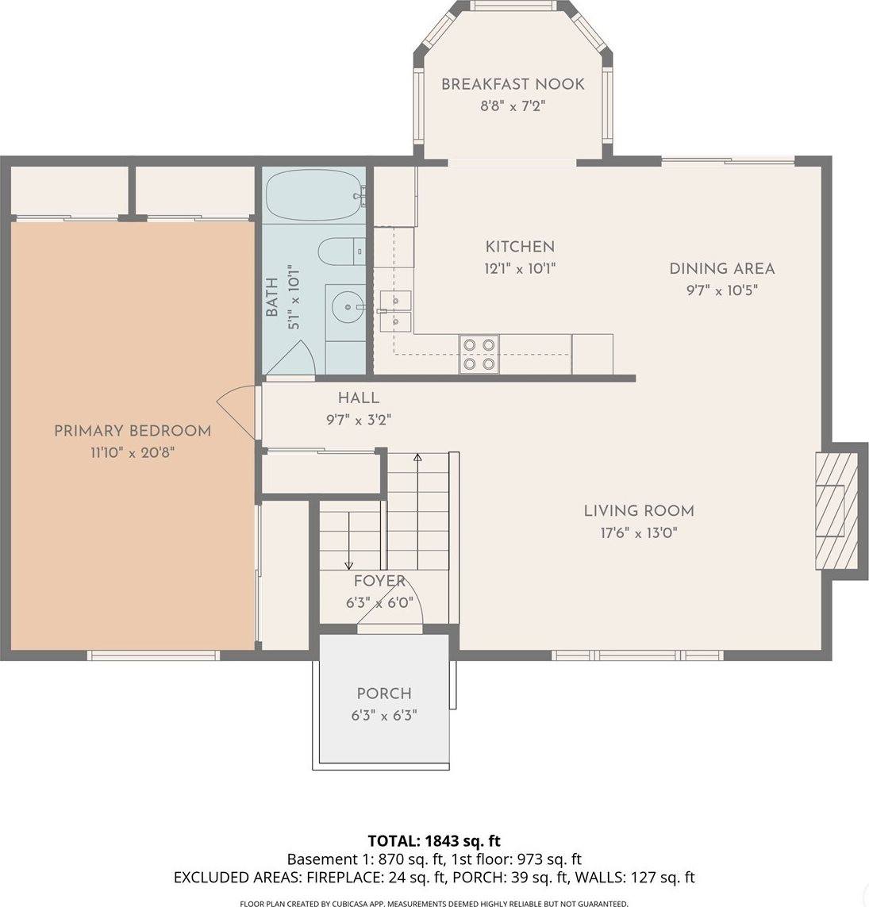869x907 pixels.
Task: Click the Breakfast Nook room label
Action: pyautogui.click(x=513, y=84)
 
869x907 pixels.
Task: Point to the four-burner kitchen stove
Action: pyautogui.click(x=479, y=354)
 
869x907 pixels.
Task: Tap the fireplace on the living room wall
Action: pyautogui.click(x=838, y=511)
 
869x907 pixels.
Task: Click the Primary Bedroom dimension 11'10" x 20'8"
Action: pyautogui.click(x=132, y=453)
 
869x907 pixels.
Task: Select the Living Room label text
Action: pyautogui.click(x=639, y=511)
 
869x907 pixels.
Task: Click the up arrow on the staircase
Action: pyautogui.click(x=417, y=459)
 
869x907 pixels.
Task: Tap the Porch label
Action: pyautogui.click(x=384, y=694)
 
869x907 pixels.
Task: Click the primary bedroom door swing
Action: pyautogui.click(x=236, y=412)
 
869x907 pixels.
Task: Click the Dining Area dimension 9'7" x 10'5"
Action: pyautogui.click(x=721, y=290)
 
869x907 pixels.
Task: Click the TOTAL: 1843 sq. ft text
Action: pyautogui.click(x=434, y=840)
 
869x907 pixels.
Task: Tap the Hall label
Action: pyautogui.click(x=358, y=398)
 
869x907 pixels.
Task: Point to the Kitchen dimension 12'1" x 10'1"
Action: pyautogui.click(x=520, y=269)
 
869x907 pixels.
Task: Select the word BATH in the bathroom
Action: pyautogui.click(x=272, y=297)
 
